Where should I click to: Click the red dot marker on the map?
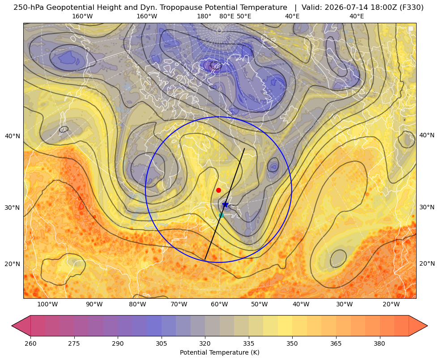218,190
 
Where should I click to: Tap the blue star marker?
226,205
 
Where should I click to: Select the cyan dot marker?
221,215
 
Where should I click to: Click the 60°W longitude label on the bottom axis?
219,304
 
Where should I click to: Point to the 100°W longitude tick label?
47,304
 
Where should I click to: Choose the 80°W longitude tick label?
137,304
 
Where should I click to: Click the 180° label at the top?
204,16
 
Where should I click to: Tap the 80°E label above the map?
226,16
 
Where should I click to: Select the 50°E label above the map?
244,16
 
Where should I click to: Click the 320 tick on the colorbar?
205,343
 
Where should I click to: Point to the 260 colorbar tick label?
30,343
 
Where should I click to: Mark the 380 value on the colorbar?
379,343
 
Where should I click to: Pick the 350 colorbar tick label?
292,343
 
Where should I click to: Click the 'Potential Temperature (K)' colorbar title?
219,352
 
